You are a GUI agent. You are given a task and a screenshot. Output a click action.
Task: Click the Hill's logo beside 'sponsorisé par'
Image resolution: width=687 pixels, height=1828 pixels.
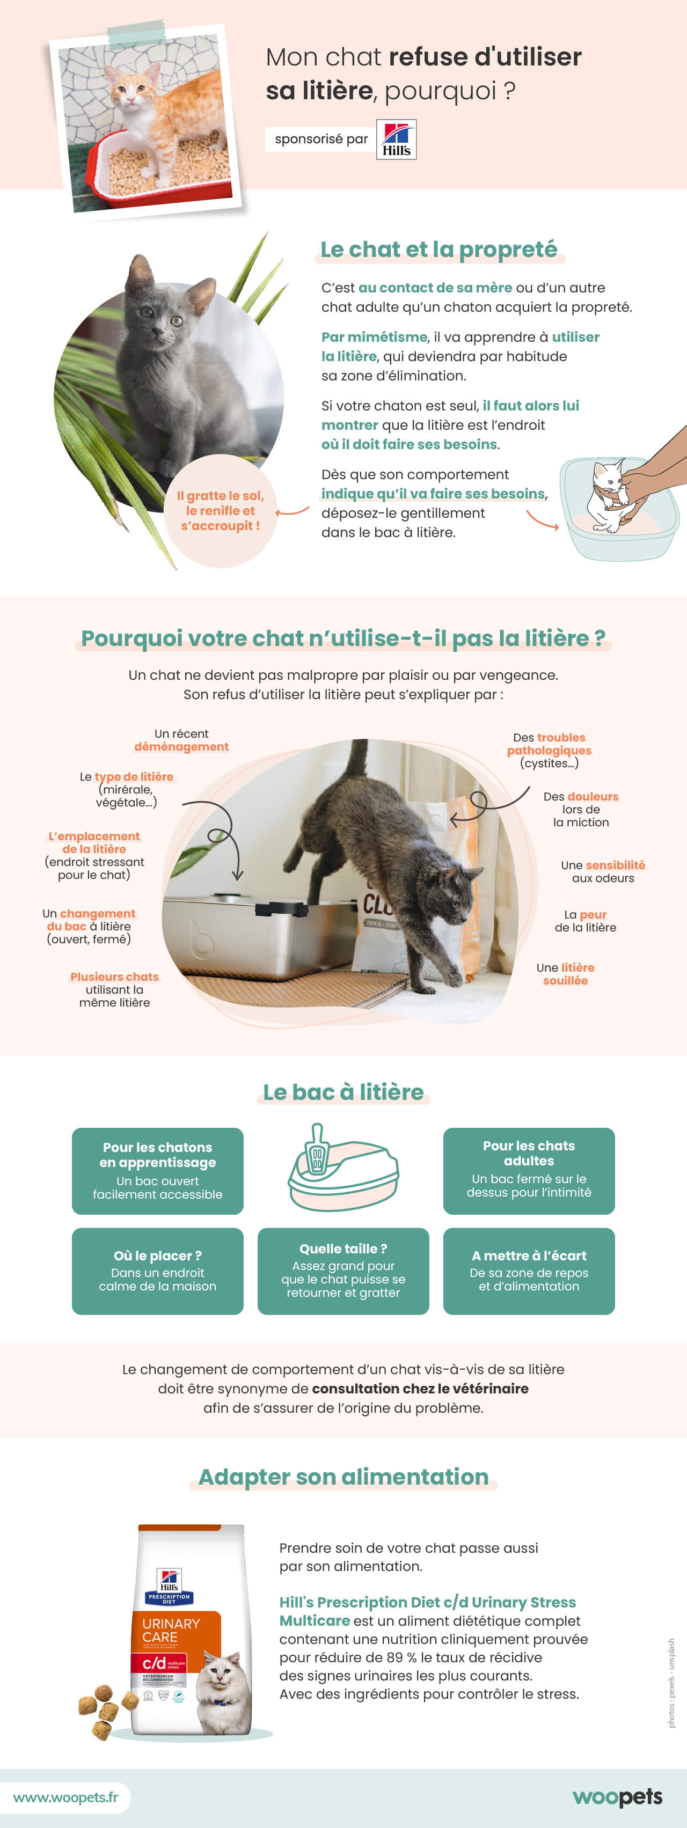396,140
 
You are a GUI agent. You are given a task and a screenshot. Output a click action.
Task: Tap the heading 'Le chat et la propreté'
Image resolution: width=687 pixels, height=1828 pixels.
438,250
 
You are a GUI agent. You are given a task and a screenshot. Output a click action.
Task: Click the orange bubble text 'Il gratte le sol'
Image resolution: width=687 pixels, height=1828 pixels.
220,511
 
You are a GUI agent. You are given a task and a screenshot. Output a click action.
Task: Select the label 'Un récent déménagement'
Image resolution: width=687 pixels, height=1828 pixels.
182,740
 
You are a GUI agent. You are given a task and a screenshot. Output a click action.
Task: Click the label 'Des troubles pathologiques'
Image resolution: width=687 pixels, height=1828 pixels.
549,744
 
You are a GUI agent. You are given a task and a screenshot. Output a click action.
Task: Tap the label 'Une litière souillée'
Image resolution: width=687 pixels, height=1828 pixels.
566,974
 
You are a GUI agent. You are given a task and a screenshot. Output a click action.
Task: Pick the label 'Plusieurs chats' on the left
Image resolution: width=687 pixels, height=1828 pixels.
114,977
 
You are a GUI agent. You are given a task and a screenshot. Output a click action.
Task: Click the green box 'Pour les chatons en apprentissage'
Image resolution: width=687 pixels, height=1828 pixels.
158,1171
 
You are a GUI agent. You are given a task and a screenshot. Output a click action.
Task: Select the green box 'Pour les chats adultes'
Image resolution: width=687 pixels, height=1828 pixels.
529,1171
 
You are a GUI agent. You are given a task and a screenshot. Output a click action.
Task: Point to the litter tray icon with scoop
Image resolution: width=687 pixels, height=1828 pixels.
343,1168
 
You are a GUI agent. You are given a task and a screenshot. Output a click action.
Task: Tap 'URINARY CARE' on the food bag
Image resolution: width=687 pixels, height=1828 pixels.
171,1630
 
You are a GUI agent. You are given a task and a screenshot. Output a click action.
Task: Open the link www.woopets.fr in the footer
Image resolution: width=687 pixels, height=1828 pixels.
66,1797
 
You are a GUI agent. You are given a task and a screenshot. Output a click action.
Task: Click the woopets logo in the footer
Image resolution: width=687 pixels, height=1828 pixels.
617,1797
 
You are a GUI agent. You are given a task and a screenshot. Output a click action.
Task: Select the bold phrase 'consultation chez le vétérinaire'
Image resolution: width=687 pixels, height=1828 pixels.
420,1389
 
